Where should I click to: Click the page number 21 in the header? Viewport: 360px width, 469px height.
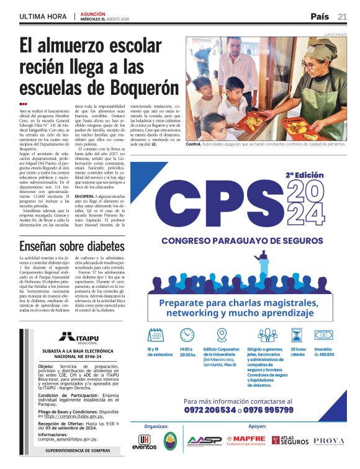tap(342, 16)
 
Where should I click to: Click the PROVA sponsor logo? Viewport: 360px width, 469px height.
tap(328, 440)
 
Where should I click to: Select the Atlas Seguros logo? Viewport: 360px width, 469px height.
tap(289, 440)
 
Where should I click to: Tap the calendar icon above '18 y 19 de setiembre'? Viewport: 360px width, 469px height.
tap(156, 335)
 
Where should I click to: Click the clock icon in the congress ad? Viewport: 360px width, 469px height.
tap(187, 335)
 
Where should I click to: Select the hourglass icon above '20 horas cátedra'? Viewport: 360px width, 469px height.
tap(297, 335)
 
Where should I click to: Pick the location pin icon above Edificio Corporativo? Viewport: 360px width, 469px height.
tap(222, 335)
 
